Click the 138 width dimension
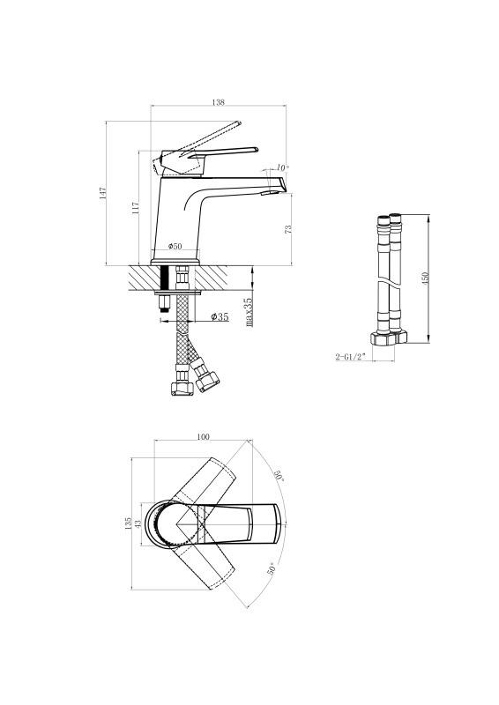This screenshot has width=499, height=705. coord(218,102)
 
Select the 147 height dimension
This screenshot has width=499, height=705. coord(103,193)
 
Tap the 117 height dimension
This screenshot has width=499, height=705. coord(136,207)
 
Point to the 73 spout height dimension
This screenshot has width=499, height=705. coord(288,228)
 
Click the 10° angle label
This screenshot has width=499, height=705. coord(283,167)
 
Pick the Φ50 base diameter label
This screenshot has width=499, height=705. coord(175,246)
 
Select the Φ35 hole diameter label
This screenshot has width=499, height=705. coord(220,316)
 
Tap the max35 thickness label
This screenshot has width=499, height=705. coord(248,312)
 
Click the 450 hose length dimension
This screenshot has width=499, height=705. coord(426,278)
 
